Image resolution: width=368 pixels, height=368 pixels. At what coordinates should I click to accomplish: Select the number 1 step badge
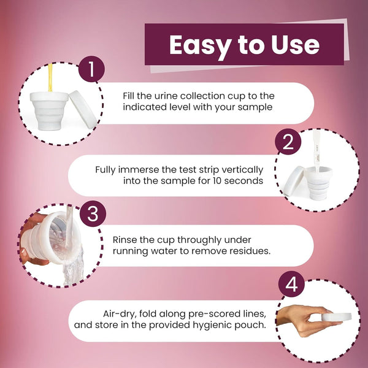point(91,69)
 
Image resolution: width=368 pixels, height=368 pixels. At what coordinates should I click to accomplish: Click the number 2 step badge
point(288,142)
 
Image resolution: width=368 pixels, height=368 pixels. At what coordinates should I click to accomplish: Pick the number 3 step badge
point(93,213)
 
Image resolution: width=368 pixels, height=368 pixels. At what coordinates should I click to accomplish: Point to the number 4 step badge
point(291,284)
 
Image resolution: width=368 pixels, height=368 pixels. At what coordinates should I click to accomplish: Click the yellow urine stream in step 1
point(50,77)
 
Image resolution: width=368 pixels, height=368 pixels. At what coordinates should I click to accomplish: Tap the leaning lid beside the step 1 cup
point(83,109)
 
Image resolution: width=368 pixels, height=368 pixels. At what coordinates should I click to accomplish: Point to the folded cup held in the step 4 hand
point(337,317)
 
